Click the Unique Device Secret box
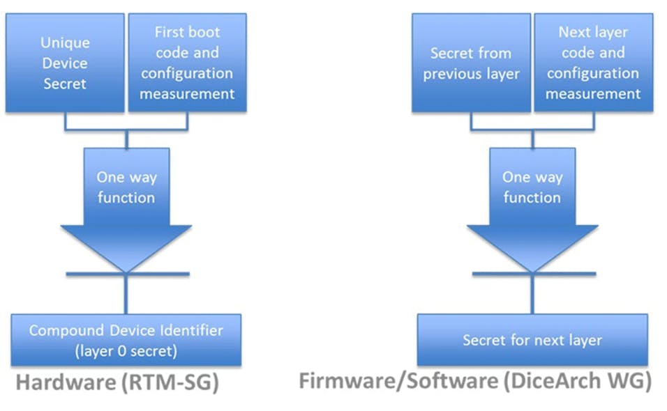pyautogui.click(x=64, y=63)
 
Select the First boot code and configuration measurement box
pyautogui.click(x=187, y=63)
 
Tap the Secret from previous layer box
pyautogui.click(x=470, y=63)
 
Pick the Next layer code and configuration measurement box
pyautogui.click(x=593, y=63)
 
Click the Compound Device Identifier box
pyautogui.click(x=126, y=340)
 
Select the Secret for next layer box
pyautogui.click(x=532, y=340)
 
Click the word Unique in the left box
pyautogui.click(x=64, y=42)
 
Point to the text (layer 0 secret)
pyautogui.click(x=126, y=351)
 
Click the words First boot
pyautogui.click(x=187, y=32)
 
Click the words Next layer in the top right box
pyautogui.click(x=593, y=32)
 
